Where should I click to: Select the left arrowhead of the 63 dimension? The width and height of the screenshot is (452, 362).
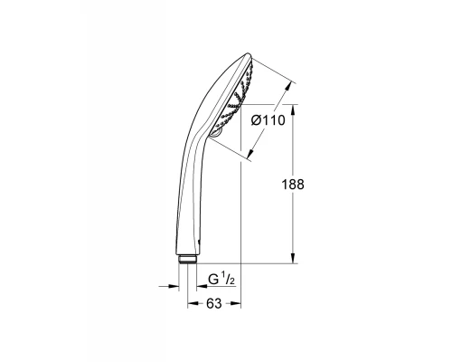192,304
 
